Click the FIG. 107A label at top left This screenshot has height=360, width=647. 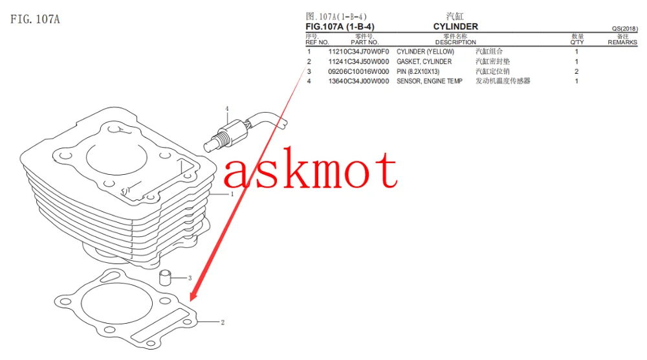35,19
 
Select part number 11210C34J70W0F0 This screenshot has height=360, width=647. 358,52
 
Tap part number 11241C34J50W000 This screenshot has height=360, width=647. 358,62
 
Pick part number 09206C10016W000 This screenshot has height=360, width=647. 358,71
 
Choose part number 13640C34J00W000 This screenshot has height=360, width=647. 358,82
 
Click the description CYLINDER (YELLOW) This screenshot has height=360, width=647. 426,52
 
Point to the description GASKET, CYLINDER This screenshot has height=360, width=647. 424,62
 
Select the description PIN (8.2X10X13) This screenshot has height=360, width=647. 418,71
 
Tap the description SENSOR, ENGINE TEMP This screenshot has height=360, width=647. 430,82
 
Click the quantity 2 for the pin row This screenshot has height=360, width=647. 576,71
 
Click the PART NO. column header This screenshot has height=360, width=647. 365,42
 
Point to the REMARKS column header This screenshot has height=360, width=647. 622,42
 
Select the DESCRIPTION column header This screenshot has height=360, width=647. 455,42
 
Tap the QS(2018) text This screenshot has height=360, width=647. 625,29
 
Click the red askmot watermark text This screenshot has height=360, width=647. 311,168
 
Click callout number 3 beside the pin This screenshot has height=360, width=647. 190,278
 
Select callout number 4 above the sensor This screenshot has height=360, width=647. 226,109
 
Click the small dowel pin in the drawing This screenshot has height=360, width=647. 165,277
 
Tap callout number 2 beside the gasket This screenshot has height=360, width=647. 223,322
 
